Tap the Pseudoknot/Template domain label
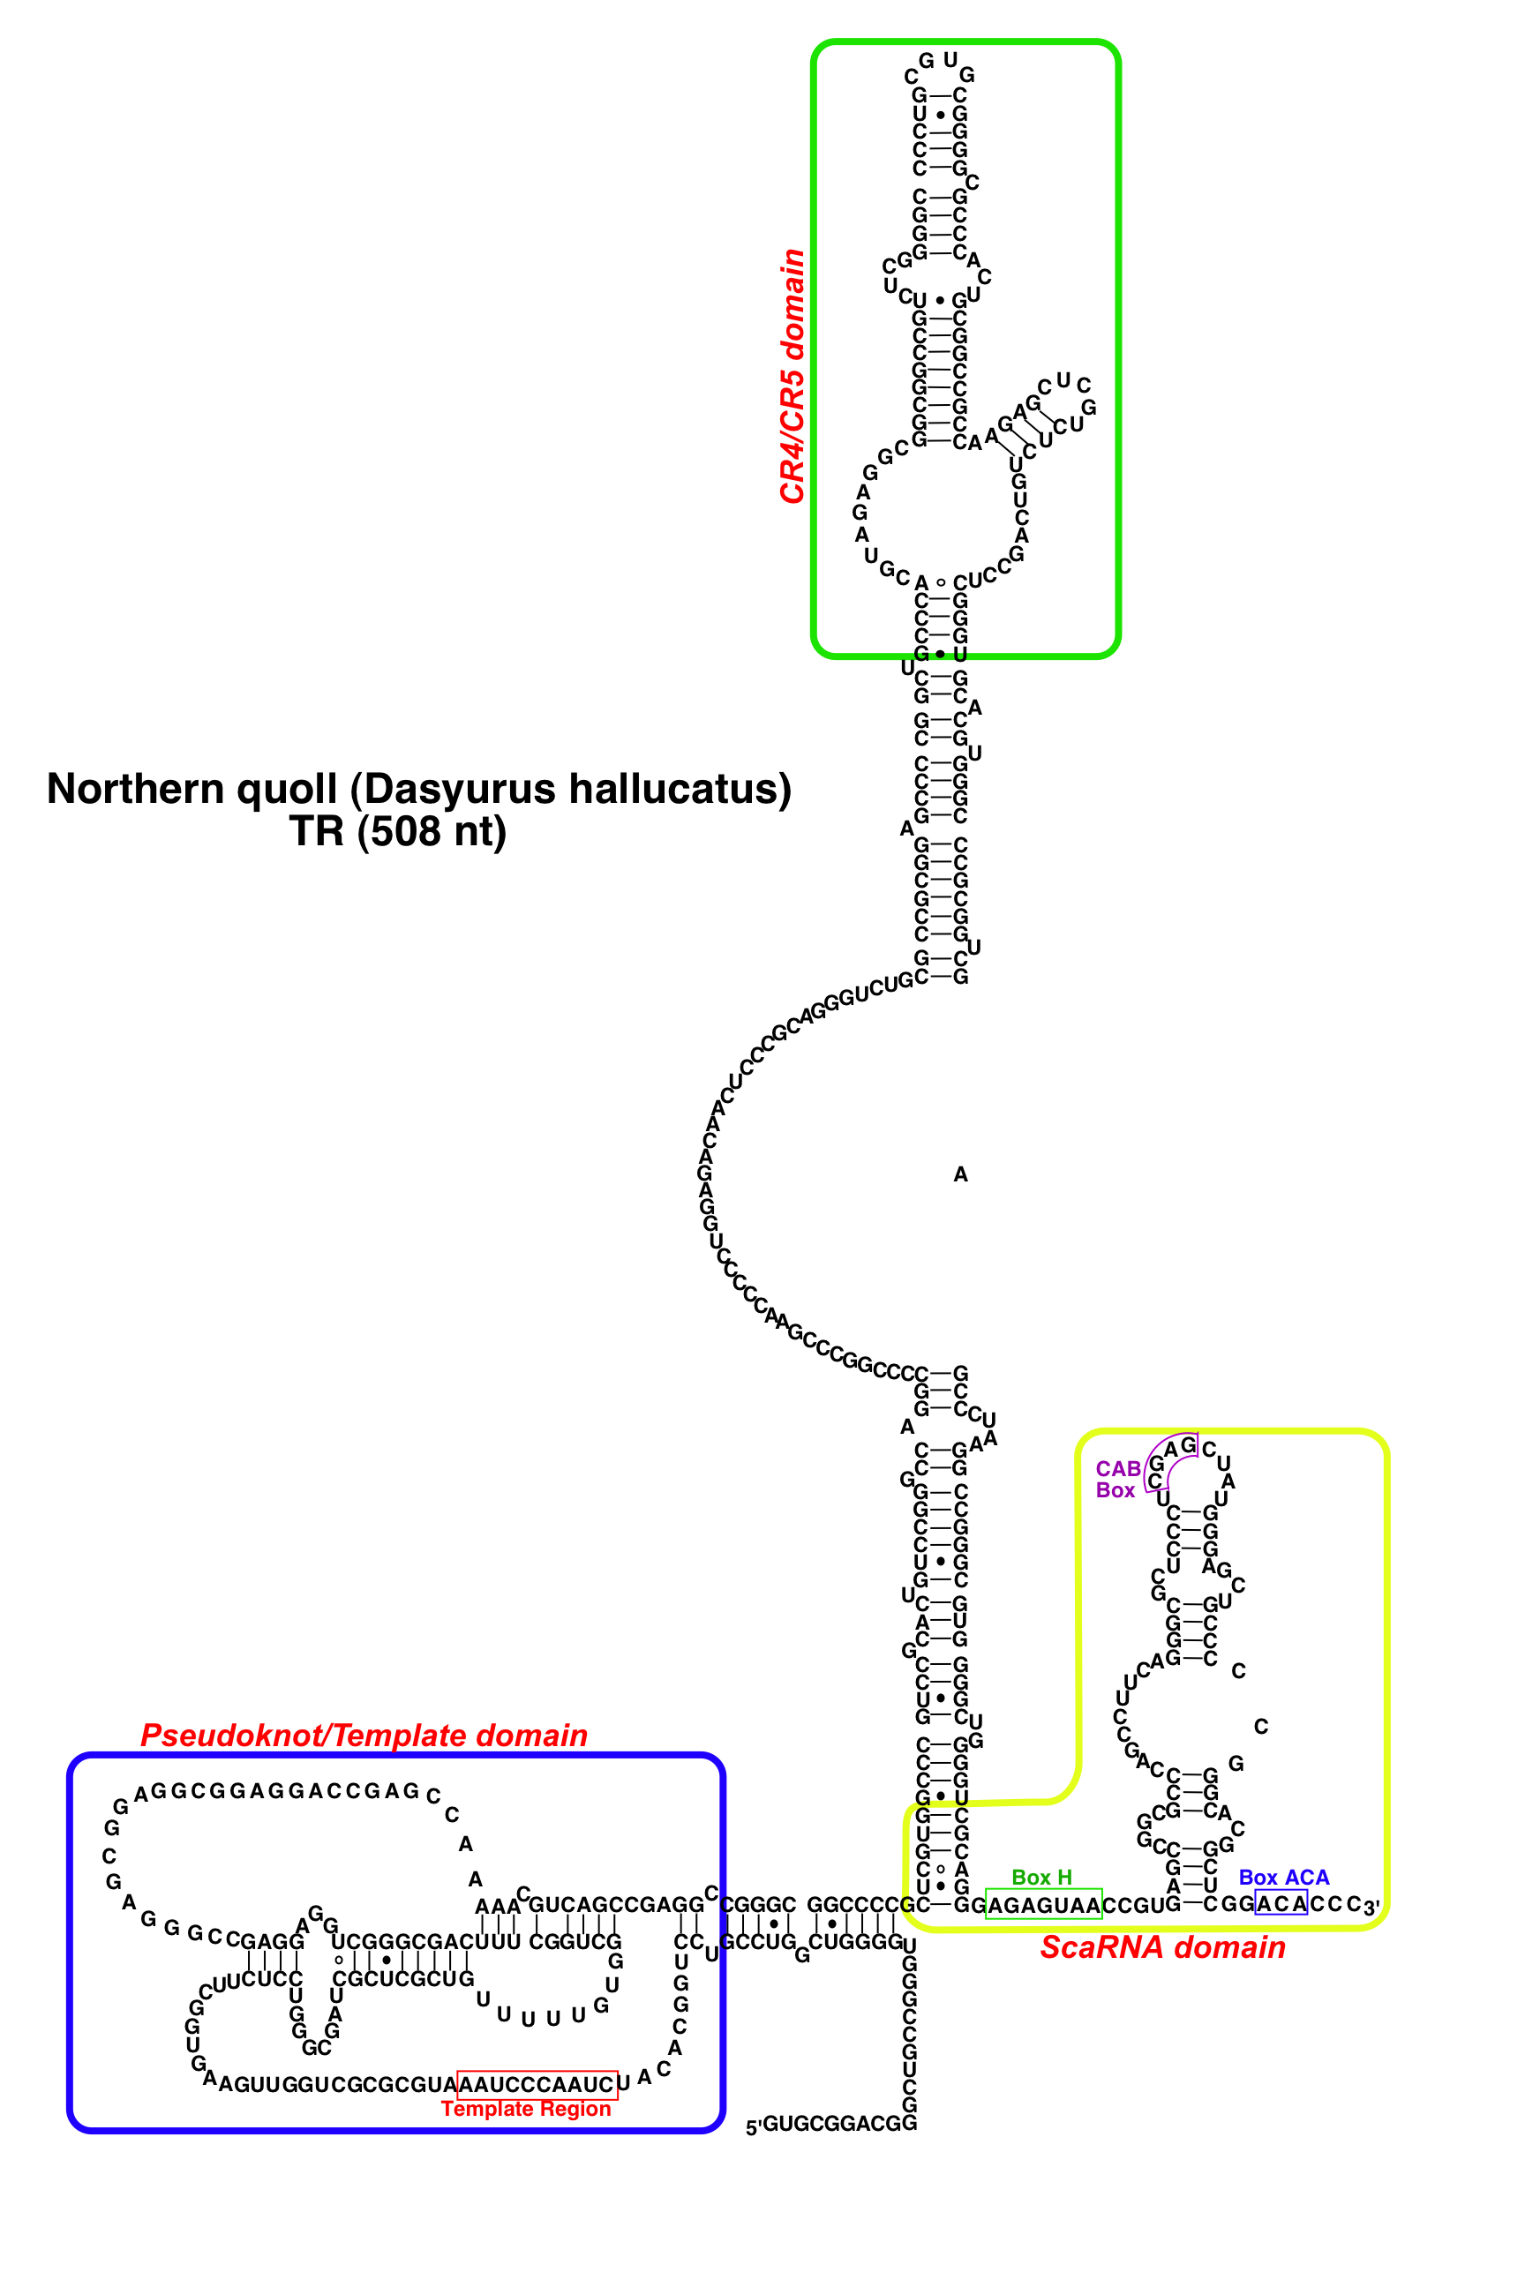click(x=364, y=1735)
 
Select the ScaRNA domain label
click(x=1162, y=1946)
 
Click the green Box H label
click(x=1041, y=1877)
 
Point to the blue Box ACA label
click(x=1283, y=1877)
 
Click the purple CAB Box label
click(x=1117, y=1479)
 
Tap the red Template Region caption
click(x=526, y=2108)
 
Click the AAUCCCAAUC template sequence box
click(x=537, y=2085)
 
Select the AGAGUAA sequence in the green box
click(x=1043, y=1905)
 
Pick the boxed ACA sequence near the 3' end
click(x=1281, y=1903)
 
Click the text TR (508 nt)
click(x=398, y=832)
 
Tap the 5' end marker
click(x=753, y=2127)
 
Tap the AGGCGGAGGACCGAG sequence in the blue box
click(x=277, y=1792)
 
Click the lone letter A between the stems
click(x=961, y=1174)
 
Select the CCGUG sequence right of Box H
click(x=1133, y=1905)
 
